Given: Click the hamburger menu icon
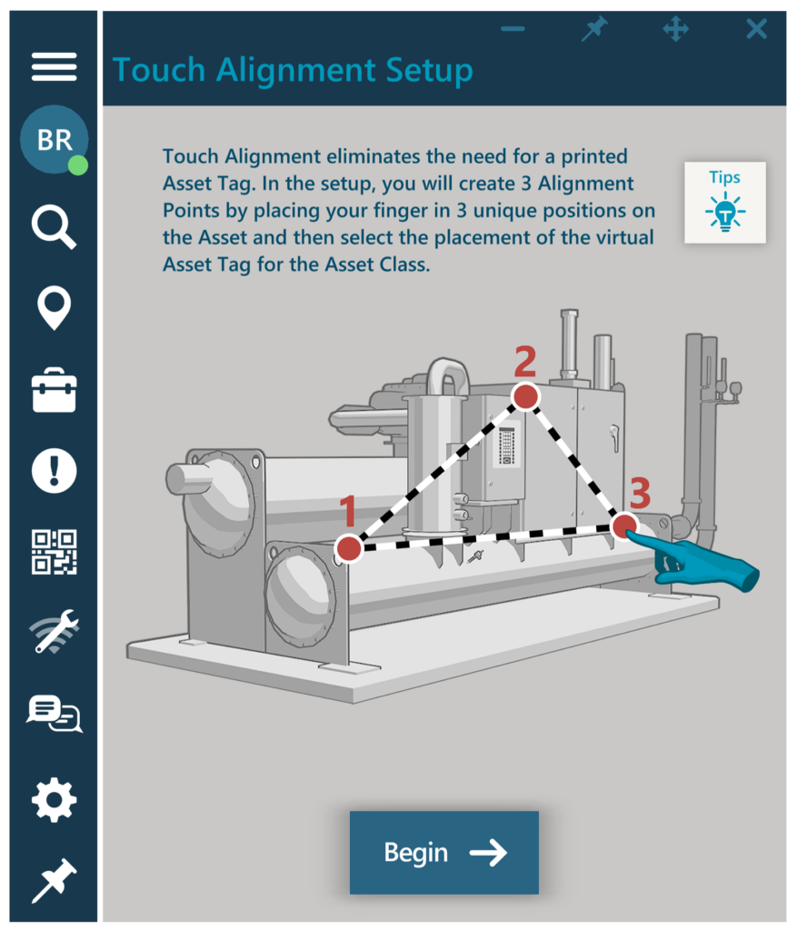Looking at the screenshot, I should (54, 67).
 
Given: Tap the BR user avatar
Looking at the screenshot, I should (55, 139).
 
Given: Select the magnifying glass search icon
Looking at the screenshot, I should (54, 226).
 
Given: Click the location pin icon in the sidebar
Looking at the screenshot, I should (55, 307).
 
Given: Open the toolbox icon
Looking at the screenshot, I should (55, 390).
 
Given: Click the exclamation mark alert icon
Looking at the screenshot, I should (55, 471).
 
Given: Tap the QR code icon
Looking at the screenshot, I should (55, 552).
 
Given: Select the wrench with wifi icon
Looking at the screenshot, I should (55, 632).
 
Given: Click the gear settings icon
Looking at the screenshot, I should (55, 800).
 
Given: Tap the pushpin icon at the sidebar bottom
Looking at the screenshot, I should (54, 880).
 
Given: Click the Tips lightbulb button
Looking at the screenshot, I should (725, 203).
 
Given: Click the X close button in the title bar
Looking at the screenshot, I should (756, 29).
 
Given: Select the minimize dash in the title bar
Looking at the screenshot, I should (513, 29).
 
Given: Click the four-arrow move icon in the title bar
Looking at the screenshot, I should (675, 29).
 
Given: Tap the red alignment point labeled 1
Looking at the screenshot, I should (348, 548).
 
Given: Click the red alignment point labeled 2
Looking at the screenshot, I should (525, 396).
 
